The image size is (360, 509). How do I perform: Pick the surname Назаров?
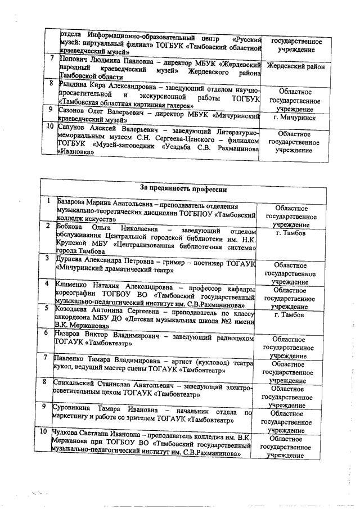[x=68, y=334]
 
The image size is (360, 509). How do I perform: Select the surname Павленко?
[x=70, y=358]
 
